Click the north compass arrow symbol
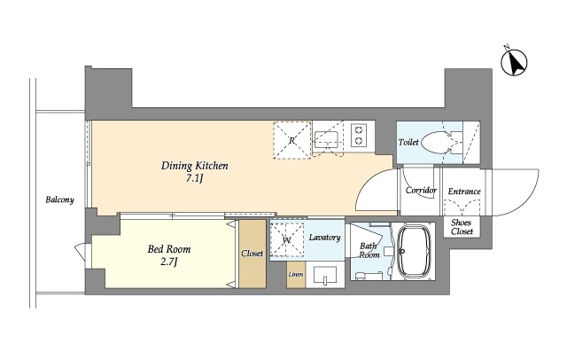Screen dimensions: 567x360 pyautogui.click(x=514, y=62)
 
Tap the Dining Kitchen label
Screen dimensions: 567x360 pyautogui.click(x=195, y=166)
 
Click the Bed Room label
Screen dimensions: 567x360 pyautogui.click(x=169, y=249)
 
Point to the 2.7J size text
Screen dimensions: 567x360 pyautogui.click(x=168, y=262)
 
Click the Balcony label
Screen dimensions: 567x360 pyautogui.click(x=59, y=200)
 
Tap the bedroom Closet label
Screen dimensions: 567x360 pyautogui.click(x=252, y=254)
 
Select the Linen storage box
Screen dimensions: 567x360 pyautogui.click(x=296, y=274)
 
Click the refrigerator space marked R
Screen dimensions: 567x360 pyautogui.click(x=291, y=140)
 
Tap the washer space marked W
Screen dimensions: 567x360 pyautogui.click(x=287, y=240)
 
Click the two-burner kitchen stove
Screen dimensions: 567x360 pyautogui.click(x=358, y=135)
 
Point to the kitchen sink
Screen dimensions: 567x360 pyautogui.click(x=326, y=140)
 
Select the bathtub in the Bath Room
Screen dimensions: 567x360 pyautogui.click(x=415, y=251)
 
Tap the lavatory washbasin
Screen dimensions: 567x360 pyautogui.click(x=325, y=276)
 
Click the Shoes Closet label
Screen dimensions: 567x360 pyautogui.click(x=462, y=227)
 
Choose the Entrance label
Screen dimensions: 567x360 pyautogui.click(x=464, y=192)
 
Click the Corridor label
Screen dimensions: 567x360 pyautogui.click(x=421, y=191)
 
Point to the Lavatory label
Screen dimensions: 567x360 pyautogui.click(x=325, y=238)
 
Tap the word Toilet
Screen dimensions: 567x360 pyautogui.click(x=408, y=142)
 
